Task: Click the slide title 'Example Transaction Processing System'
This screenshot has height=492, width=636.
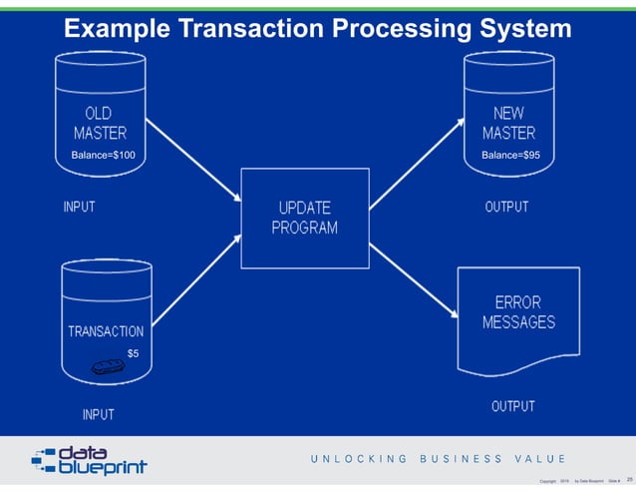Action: pyautogui.click(x=317, y=30)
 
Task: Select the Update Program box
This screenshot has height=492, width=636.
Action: pyautogui.click(x=305, y=217)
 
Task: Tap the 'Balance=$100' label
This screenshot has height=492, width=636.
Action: pyautogui.click(x=104, y=156)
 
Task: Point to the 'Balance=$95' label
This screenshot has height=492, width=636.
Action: pyautogui.click(x=510, y=156)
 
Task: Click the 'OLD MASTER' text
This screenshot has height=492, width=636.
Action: pyautogui.click(x=100, y=123)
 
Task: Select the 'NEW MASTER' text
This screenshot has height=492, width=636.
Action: pyautogui.click(x=508, y=123)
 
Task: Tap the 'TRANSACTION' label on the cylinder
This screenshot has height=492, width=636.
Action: pyautogui.click(x=106, y=331)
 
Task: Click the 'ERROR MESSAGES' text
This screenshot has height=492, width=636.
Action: pyautogui.click(x=518, y=311)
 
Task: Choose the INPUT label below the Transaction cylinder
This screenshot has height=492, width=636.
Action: pyautogui.click(x=98, y=414)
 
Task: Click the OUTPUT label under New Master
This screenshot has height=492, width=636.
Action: pyautogui.click(x=506, y=208)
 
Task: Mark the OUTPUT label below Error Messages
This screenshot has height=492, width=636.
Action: pyautogui.click(x=512, y=407)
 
